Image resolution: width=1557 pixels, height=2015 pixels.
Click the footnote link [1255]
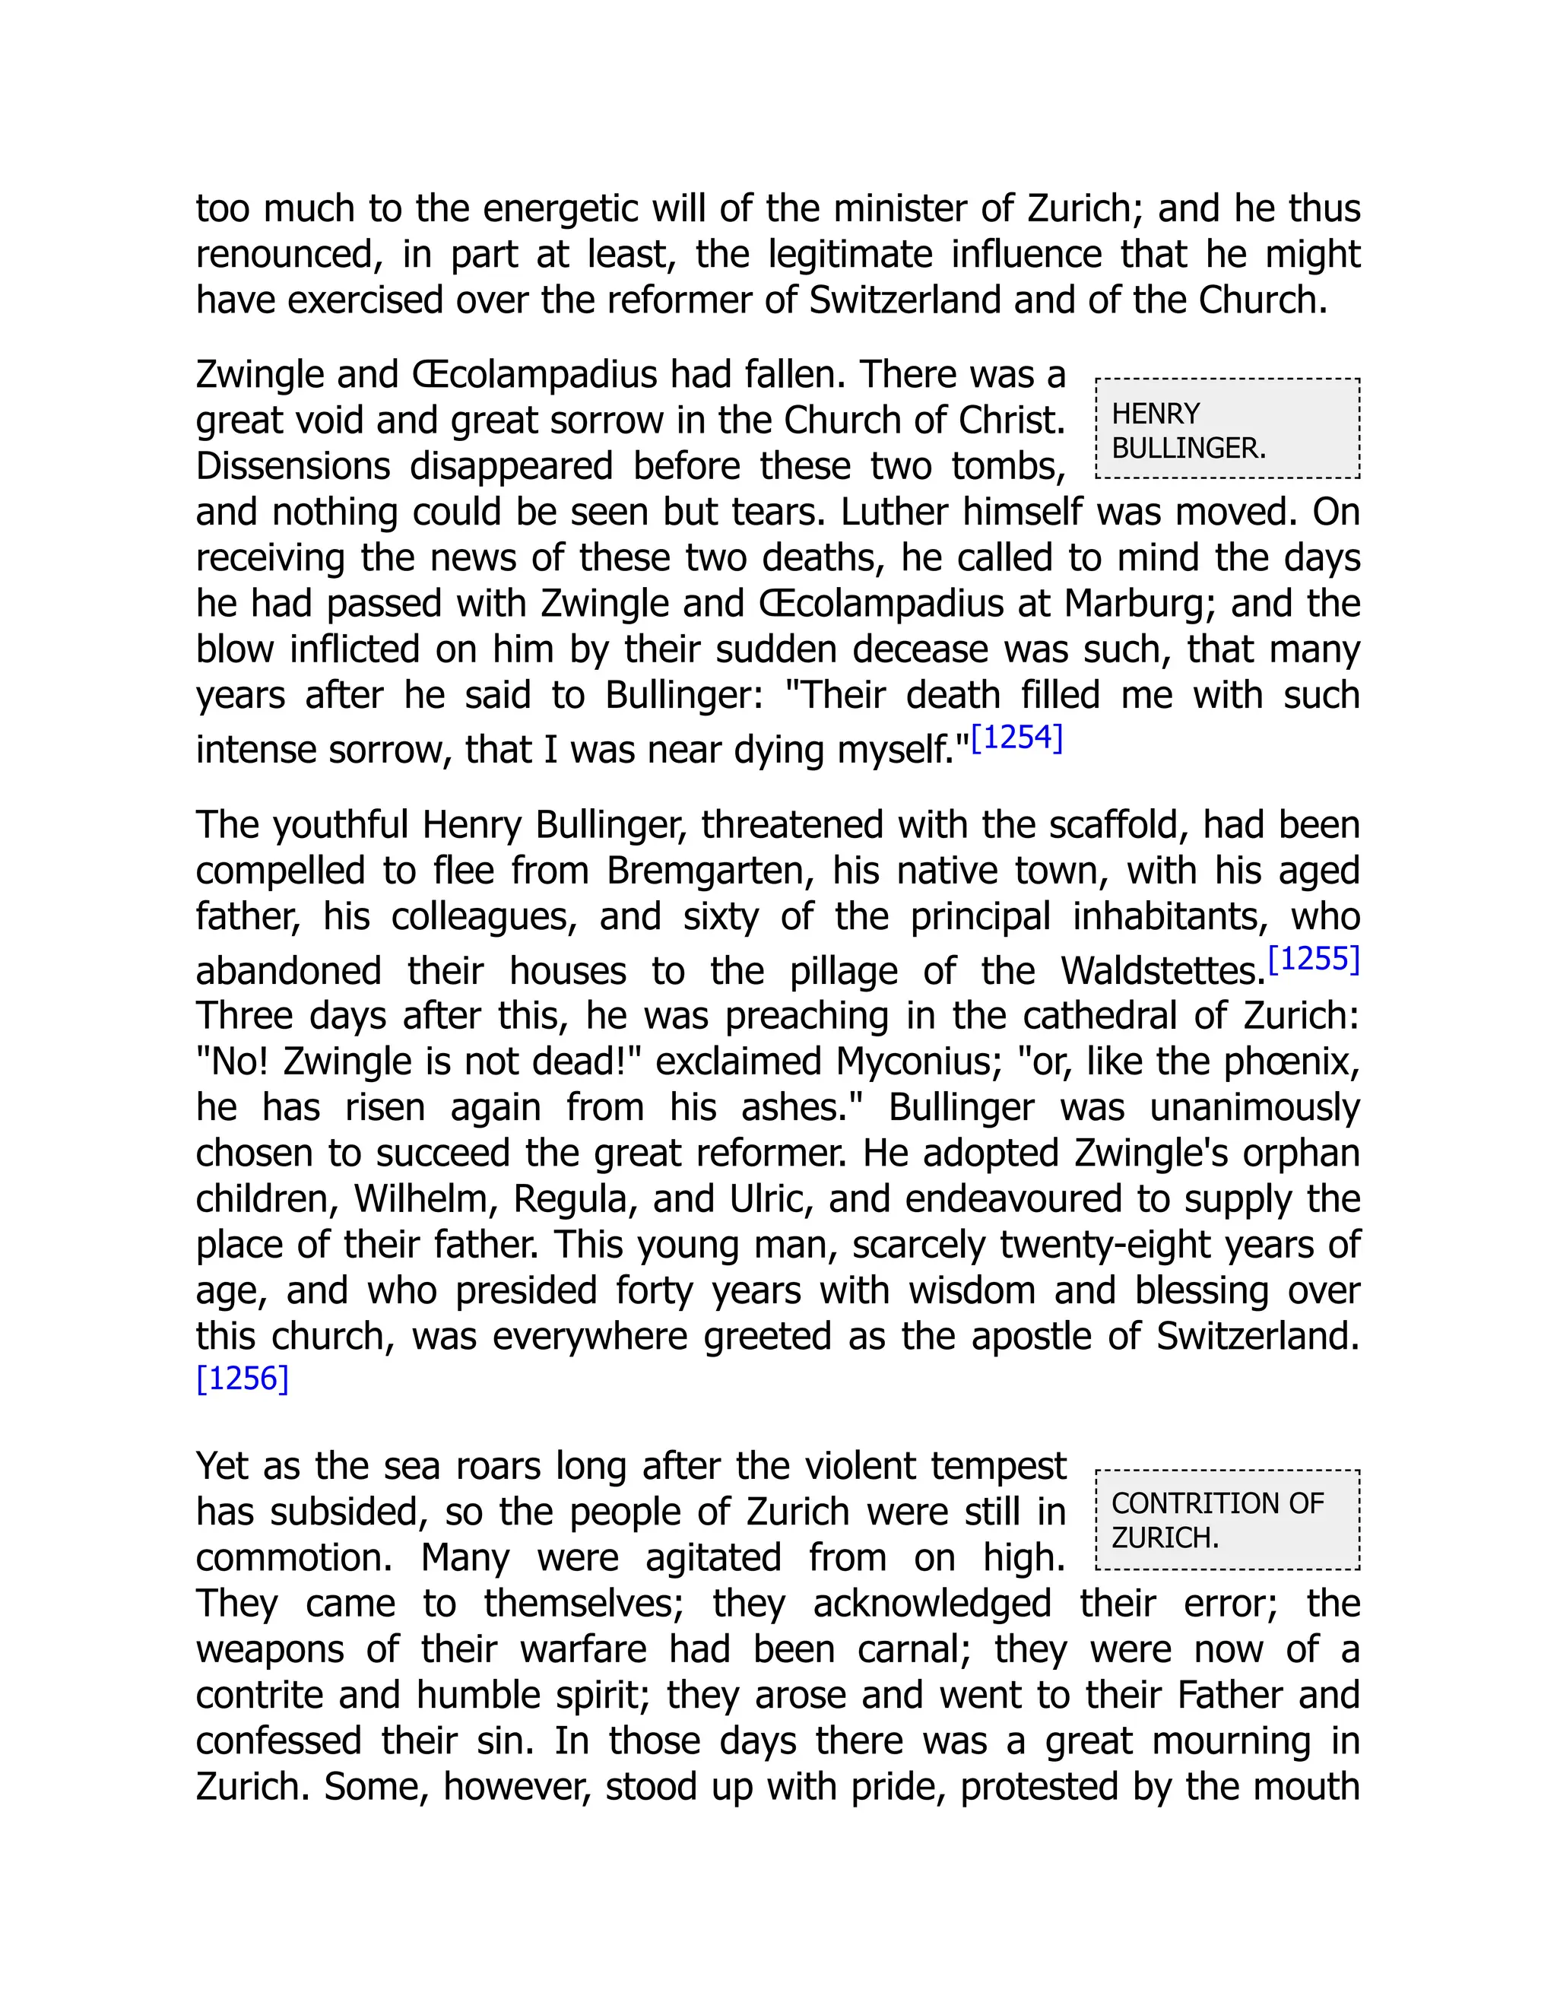click(1314, 960)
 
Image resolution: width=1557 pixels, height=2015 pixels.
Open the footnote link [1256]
click(243, 1379)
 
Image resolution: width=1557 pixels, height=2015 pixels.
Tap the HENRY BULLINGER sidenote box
click(1227, 429)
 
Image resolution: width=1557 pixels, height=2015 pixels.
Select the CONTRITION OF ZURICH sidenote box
click(1227, 1519)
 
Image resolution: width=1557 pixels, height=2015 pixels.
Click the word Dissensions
click(293, 467)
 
